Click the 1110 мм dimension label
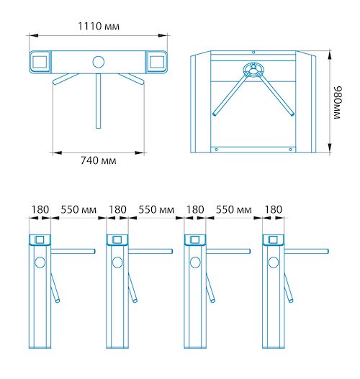click(99, 26)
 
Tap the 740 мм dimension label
click(98, 160)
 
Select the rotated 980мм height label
click(337, 103)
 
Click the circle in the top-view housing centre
click(98, 62)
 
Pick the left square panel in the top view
click(40, 62)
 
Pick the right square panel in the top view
click(157, 62)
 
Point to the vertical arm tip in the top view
click(98, 127)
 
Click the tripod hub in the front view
click(253, 69)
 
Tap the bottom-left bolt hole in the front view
click(216, 150)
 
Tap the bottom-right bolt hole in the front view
click(290, 150)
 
